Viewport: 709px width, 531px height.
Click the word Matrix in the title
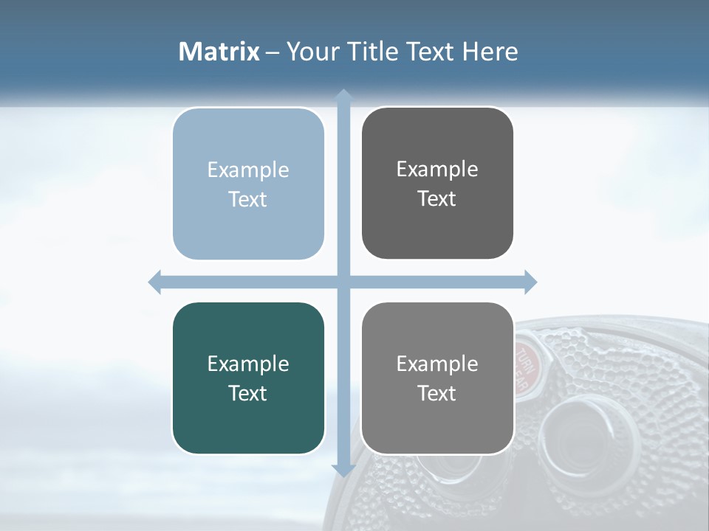click(x=219, y=52)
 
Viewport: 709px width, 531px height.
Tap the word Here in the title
click(x=490, y=52)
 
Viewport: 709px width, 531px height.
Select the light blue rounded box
click(x=248, y=184)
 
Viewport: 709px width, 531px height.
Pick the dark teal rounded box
click(x=248, y=378)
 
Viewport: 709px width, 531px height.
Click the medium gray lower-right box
click(x=437, y=378)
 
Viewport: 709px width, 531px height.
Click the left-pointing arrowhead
click(x=155, y=282)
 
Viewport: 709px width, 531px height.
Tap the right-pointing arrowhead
click(x=530, y=282)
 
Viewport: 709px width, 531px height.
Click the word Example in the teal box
click(x=248, y=364)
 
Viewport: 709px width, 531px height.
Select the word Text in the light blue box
click(x=248, y=199)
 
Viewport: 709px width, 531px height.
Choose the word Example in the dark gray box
click(x=437, y=169)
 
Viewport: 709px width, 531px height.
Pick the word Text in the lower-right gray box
click(x=437, y=393)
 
